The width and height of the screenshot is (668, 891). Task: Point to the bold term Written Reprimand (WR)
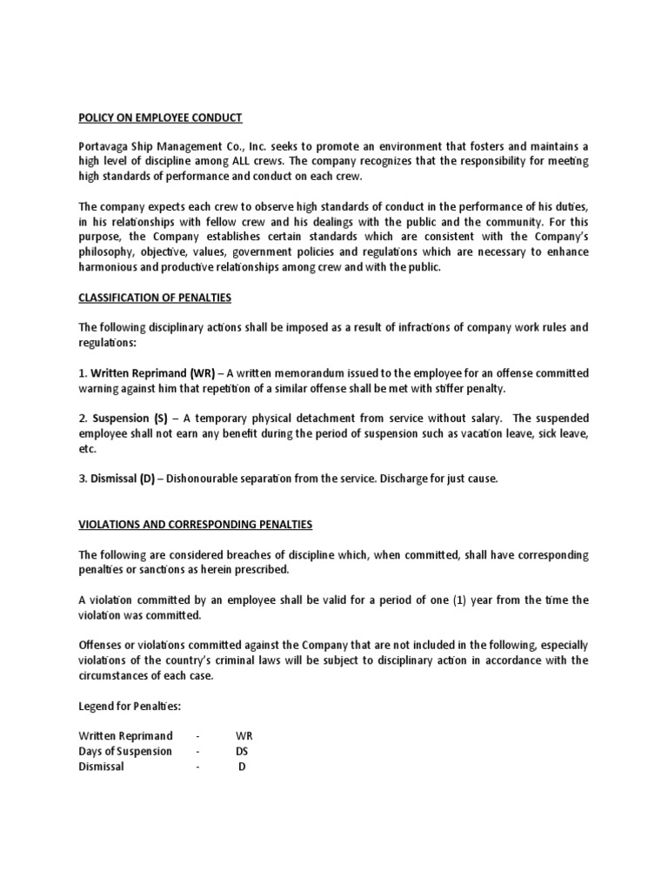pos(147,373)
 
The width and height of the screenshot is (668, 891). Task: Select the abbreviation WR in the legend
pos(244,736)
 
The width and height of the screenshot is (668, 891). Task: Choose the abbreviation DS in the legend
pos(242,751)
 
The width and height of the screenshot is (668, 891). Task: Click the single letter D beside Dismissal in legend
pos(242,767)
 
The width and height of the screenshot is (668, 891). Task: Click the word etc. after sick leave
pos(87,450)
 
